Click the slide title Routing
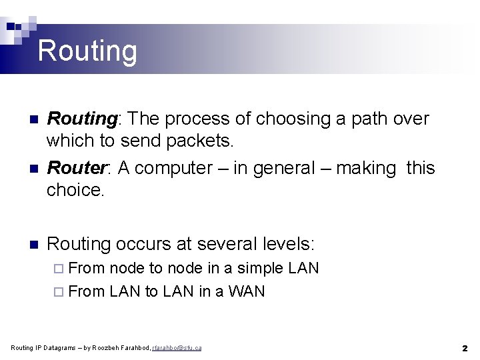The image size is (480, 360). pyautogui.click(x=87, y=51)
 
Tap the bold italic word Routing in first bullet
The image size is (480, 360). pyautogui.click(x=81, y=119)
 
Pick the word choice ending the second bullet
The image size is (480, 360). pyautogui.click(x=75, y=190)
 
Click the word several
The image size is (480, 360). pyautogui.click(x=213, y=244)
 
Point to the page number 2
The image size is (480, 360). pyautogui.click(x=464, y=348)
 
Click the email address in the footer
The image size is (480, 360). pyautogui.click(x=177, y=348)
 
